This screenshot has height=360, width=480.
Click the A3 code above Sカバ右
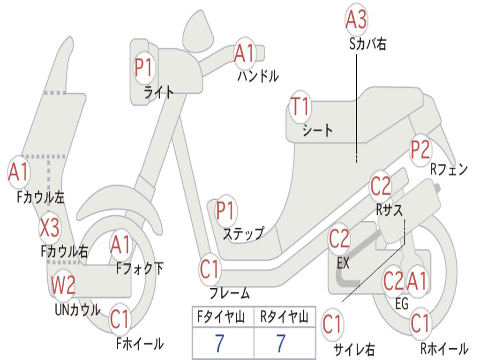(x=356, y=19)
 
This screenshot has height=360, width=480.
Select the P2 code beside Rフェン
(x=420, y=150)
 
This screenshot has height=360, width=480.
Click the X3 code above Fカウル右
(x=50, y=228)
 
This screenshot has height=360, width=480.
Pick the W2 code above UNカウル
(x=63, y=285)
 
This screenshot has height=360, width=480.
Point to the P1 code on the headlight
(x=143, y=67)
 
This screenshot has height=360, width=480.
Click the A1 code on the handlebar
(x=245, y=52)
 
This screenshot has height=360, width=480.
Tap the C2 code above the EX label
(x=339, y=239)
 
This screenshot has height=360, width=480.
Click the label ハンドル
(x=258, y=76)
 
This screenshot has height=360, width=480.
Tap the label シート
(x=317, y=130)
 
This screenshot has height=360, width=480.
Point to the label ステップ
(x=243, y=234)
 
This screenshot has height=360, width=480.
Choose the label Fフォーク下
(x=140, y=269)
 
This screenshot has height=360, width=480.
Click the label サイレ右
(x=354, y=349)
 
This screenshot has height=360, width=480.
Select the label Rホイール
(x=444, y=348)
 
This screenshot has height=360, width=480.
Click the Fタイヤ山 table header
(x=221, y=317)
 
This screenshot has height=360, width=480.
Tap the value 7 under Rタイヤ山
(x=281, y=343)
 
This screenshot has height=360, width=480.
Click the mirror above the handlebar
(x=198, y=31)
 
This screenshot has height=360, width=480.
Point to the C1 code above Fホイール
(x=120, y=319)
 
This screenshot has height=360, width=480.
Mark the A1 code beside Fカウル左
(x=19, y=172)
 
